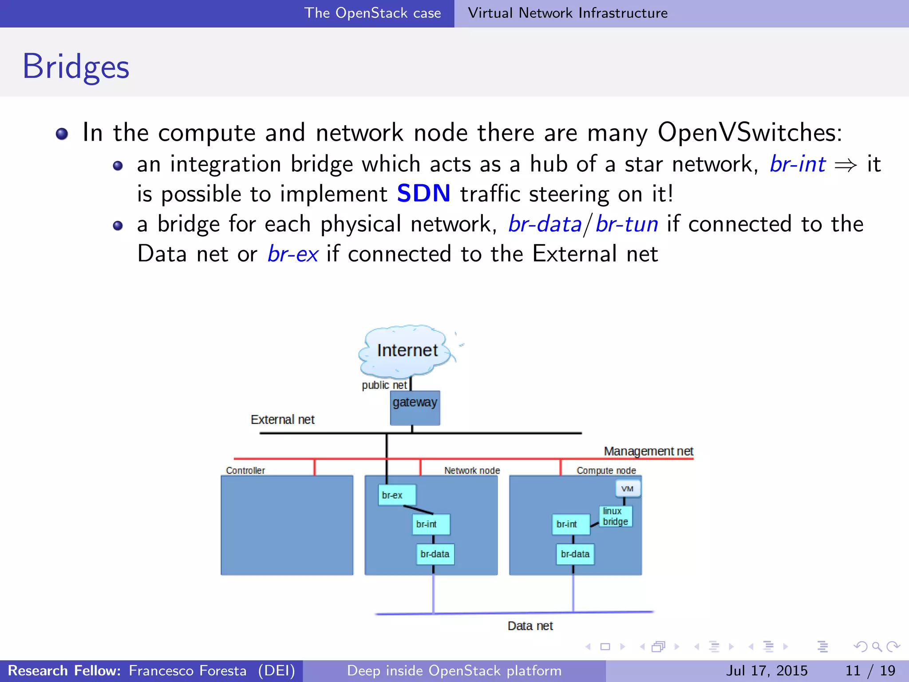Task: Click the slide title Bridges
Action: click(76, 67)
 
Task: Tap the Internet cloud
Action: click(407, 350)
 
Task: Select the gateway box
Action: click(415, 408)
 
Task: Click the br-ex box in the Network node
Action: click(397, 495)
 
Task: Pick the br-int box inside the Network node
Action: click(431, 524)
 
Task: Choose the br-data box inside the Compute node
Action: click(575, 554)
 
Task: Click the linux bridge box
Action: click(615, 516)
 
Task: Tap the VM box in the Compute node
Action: click(627, 488)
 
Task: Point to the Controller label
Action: click(245, 470)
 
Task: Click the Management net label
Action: click(648, 451)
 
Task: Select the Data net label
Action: click(530, 626)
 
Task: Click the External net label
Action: click(282, 420)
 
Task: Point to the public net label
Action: click(384, 385)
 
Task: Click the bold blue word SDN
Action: click(423, 194)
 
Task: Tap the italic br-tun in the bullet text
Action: click(627, 224)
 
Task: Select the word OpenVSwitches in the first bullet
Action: click(750, 132)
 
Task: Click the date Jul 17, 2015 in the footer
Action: click(767, 670)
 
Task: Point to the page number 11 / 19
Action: click(870, 670)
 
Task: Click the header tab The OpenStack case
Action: click(372, 13)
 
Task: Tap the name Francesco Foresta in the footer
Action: click(187, 670)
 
